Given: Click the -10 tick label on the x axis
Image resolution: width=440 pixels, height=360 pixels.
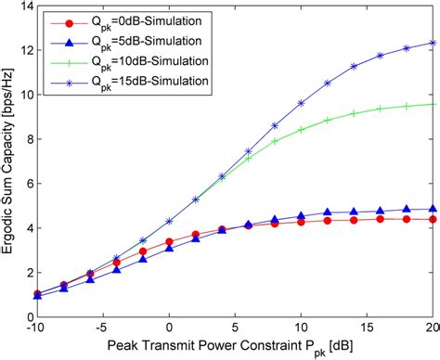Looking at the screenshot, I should coord(37,329).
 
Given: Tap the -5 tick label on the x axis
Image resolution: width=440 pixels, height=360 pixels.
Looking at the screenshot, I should coord(103,329).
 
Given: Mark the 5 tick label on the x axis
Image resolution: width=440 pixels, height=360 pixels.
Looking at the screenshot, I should coord(235,329).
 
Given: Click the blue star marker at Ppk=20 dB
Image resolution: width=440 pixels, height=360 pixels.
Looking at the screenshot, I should coord(433,43).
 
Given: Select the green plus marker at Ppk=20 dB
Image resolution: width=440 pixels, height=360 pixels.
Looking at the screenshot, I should coord(433,104).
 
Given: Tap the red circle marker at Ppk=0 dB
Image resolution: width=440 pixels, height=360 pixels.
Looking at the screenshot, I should coord(169,241).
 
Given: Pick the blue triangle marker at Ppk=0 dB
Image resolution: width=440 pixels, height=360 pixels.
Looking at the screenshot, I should coord(169,249).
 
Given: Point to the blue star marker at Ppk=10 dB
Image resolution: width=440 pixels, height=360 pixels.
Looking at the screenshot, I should coord(301,103).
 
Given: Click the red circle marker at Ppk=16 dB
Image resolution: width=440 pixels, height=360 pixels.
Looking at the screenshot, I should coord(380,219).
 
